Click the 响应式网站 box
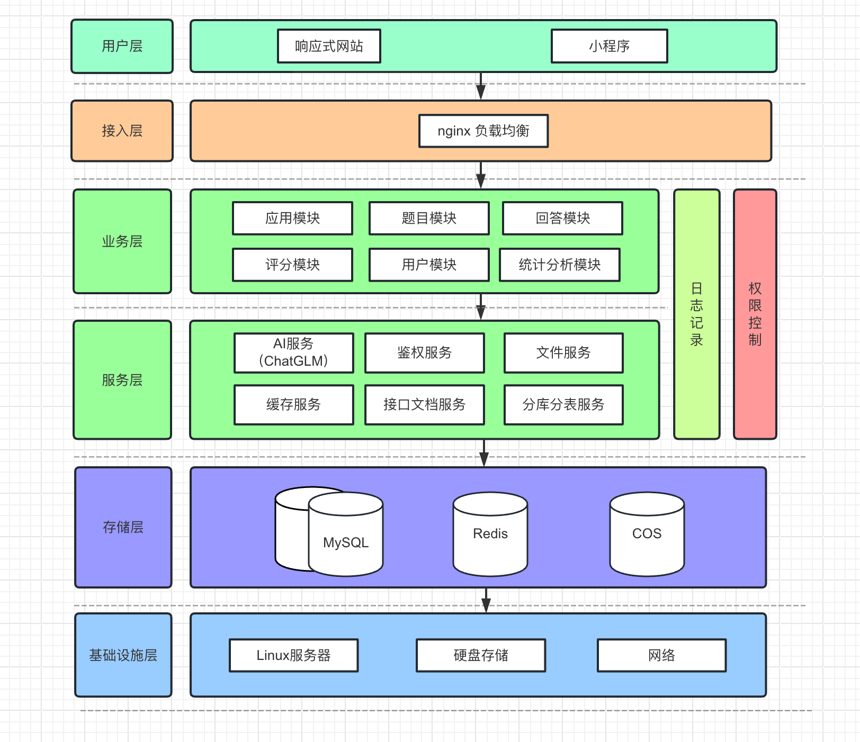click(329, 46)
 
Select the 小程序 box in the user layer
click(609, 46)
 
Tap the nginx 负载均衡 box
click(483, 131)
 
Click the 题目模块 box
click(429, 218)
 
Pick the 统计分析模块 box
click(559, 265)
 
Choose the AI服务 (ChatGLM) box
click(293, 352)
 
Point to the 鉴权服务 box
click(424, 352)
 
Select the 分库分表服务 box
click(563, 404)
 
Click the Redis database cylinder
click(490, 533)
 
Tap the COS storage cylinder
click(647, 533)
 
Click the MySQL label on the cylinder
click(346, 542)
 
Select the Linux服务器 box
click(293, 655)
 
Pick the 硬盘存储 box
click(481, 655)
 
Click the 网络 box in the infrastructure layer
click(661, 655)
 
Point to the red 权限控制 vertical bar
click(755, 314)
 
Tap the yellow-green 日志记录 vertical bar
click(696, 314)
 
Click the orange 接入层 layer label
click(122, 131)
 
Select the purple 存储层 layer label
click(123, 527)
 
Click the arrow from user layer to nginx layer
click(481, 86)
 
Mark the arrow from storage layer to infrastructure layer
click(486, 601)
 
